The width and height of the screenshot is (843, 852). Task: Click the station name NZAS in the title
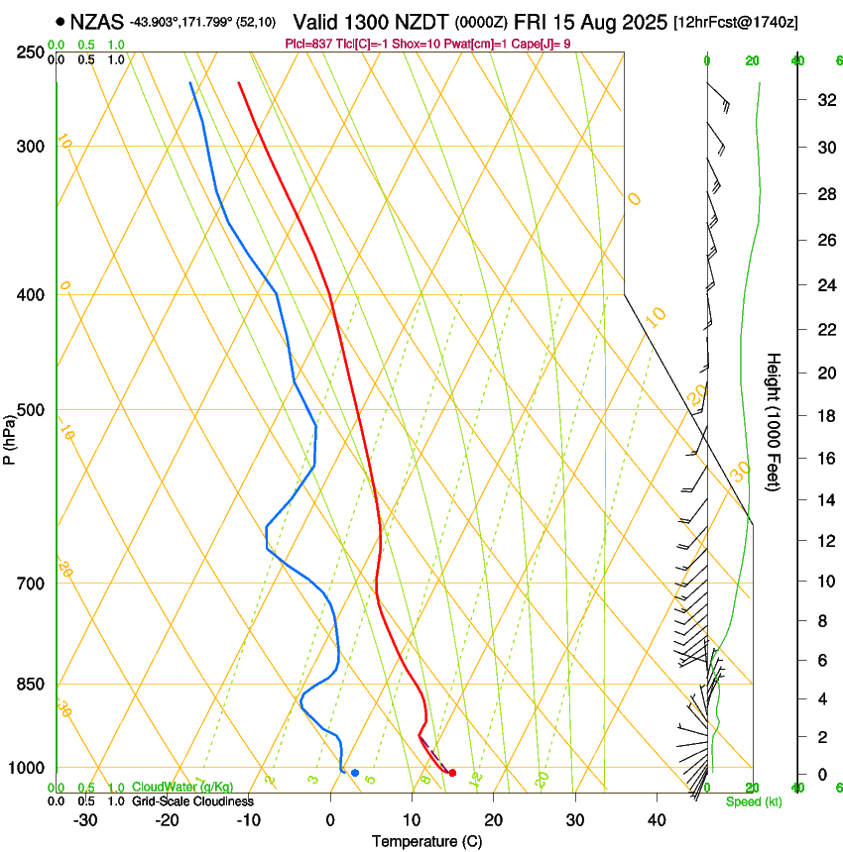[97, 21]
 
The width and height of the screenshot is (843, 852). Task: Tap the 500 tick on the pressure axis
[31, 410]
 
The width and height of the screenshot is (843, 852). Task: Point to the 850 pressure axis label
[31, 684]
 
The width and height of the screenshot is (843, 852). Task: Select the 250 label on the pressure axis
[31, 52]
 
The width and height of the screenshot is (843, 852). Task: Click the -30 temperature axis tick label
[85, 819]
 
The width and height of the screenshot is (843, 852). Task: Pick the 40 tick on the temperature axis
[656, 819]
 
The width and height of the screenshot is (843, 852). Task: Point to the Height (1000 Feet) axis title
[775, 422]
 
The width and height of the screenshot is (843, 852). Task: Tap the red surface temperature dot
[452, 773]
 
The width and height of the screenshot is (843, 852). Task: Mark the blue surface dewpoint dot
[355, 773]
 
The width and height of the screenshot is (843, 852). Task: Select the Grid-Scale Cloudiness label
[192, 800]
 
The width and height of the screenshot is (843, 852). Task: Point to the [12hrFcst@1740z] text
[735, 22]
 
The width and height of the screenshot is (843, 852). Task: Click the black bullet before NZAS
[61, 21]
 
